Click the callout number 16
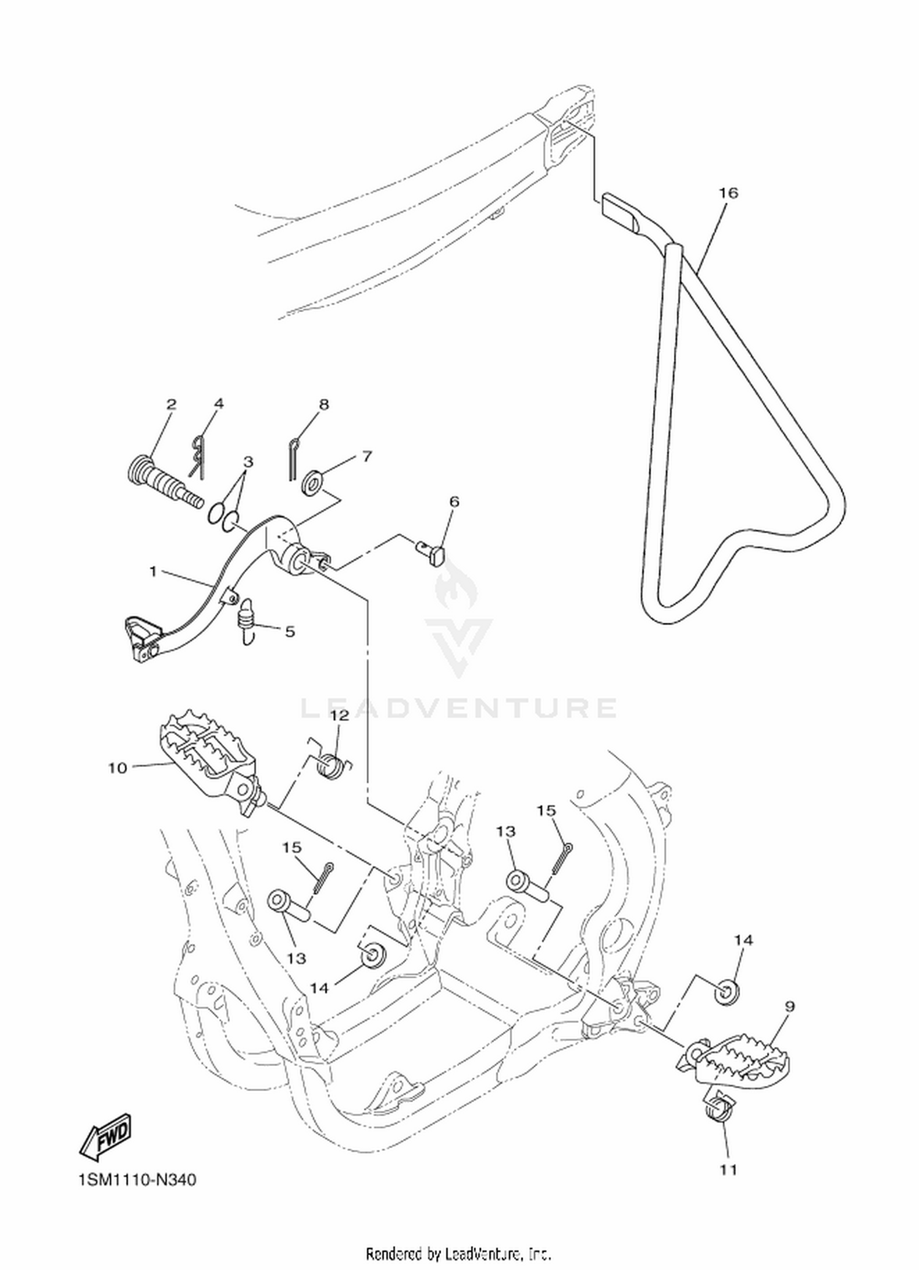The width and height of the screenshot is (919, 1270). pyautogui.click(x=728, y=193)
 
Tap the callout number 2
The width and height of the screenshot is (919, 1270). pyautogui.click(x=171, y=404)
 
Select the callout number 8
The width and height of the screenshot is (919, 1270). pyautogui.click(x=324, y=404)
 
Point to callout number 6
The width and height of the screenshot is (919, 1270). pyautogui.click(x=454, y=501)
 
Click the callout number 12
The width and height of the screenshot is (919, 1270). pyautogui.click(x=339, y=715)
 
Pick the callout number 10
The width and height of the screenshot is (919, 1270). pyautogui.click(x=118, y=768)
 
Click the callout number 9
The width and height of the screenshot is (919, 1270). pyautogui.click(x=790, y=1006)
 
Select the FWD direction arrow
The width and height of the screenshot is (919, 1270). pyautogui.click(x=105, y=1135)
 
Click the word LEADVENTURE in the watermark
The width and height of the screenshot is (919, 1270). pyautogui.click(x=459, y=707)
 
